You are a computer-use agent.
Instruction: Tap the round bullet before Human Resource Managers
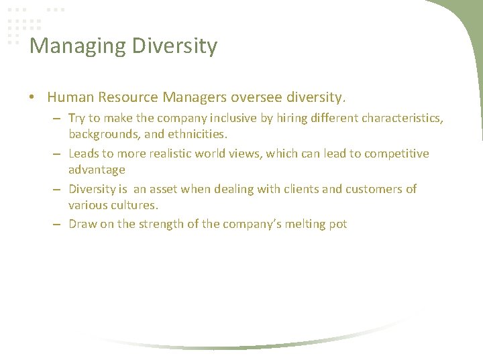[32, 98]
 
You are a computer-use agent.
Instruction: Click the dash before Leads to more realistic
[59, 154]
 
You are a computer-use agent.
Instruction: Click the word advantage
[97, 170]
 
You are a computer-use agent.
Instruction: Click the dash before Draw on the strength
[59, 225]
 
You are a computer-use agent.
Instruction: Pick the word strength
[160, 224]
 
